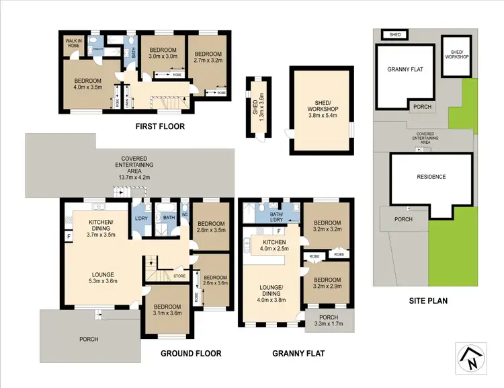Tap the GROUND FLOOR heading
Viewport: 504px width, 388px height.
click(x=191, y=353)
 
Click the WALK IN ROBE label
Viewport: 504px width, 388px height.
click(x=73, y=44)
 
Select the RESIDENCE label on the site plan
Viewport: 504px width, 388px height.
click(x=431, y=178)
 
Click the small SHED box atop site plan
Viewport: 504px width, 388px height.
click(x=392, y=34)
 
